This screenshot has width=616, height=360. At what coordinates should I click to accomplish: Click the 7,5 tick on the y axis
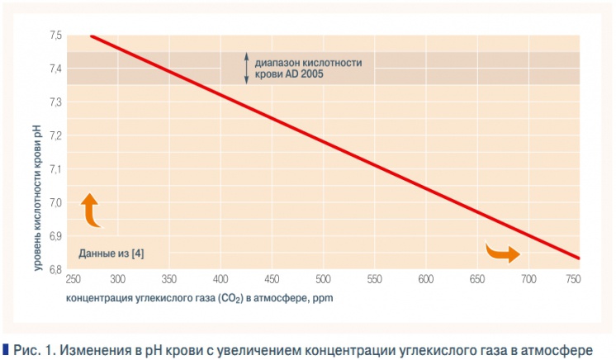click(x=56, y=36)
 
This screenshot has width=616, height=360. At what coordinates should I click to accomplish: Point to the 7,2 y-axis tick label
click(x=56, y=135)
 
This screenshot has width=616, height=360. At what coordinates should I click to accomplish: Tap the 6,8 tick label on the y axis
click(x=56, y=270)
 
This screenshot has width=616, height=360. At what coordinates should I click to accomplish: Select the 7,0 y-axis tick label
click(x=56, y=203)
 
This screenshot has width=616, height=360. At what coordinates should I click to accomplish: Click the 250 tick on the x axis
click(x=74, y=280)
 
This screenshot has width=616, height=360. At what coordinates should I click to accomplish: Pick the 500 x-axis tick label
click(x=323, y=280)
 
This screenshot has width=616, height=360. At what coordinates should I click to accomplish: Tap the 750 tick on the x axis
click(x=572, y=280)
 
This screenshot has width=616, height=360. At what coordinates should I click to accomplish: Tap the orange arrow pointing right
click(x=502, y=252)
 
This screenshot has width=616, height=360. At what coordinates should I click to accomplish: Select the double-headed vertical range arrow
click(x=245, y=68)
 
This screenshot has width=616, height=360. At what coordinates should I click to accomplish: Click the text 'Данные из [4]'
click(x=111, y=253)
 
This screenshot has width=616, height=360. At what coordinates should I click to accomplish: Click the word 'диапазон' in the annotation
click(x=277, y=62)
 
